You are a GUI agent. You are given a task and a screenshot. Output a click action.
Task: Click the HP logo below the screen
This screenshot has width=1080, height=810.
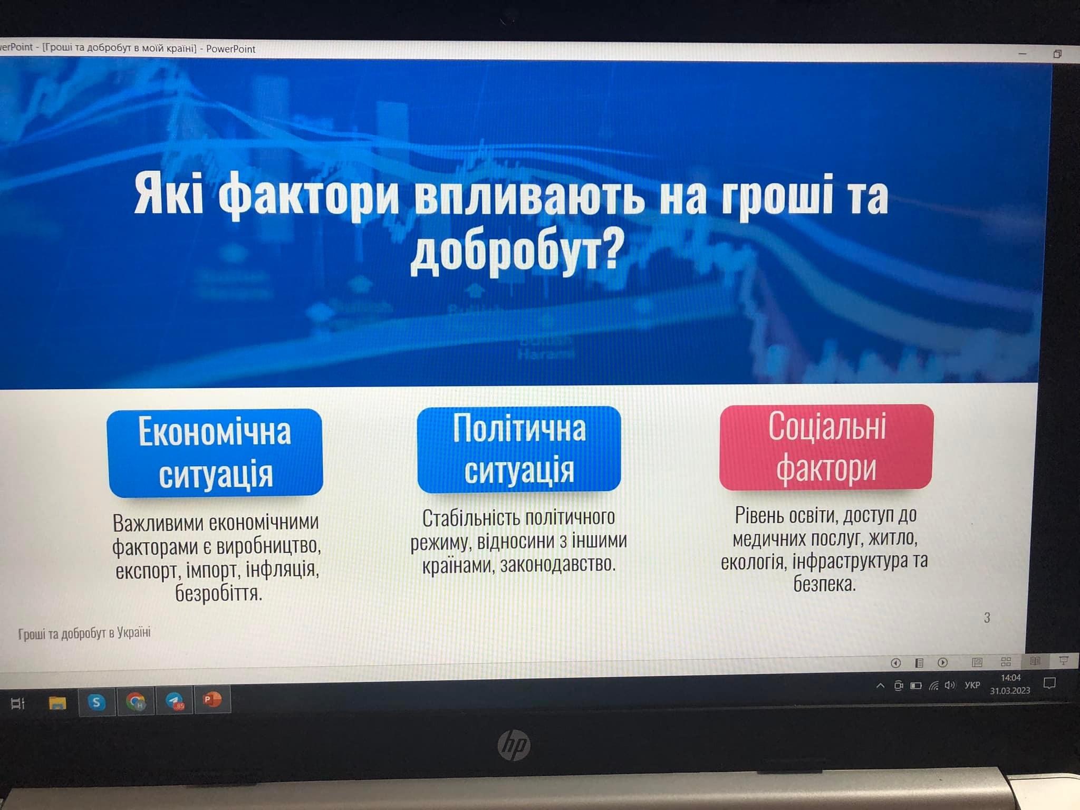pos(514,745)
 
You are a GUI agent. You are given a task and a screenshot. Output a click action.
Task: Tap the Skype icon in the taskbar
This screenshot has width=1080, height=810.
pos(96,702)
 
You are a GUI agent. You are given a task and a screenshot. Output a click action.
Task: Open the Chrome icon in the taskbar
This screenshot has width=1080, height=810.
pos(136,701)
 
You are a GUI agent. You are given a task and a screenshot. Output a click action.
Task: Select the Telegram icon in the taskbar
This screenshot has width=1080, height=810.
pos(175,701)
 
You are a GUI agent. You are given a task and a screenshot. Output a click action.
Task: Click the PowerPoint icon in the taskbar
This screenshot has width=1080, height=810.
pos(212,700)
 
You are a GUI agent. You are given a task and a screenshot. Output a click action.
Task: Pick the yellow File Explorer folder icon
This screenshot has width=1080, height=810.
pos(57,703)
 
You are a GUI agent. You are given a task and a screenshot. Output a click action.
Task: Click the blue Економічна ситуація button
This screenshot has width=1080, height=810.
pos(215,453)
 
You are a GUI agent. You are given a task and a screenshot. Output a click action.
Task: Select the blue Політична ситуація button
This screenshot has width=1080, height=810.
pos(519,449)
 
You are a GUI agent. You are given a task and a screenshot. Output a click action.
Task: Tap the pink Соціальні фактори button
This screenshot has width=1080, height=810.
pos(826,447)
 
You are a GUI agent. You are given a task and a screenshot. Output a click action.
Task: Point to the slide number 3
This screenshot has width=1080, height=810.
pos(987,618)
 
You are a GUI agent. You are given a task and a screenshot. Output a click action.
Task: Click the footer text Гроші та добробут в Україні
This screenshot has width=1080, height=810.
pos(84,633)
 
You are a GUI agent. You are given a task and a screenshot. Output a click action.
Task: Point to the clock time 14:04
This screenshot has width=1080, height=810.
pos(1010,678)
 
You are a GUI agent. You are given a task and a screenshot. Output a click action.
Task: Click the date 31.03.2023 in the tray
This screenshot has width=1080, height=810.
pos(1010,691)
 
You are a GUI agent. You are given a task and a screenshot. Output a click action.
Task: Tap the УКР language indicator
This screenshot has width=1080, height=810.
pos(972,685)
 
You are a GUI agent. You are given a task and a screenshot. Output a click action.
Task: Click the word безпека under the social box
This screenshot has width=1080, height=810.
pos(824,583)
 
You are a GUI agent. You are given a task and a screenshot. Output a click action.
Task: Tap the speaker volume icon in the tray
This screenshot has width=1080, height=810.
pos(950,685)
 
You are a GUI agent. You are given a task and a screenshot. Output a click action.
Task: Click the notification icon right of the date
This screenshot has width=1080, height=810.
pos(1049,683)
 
